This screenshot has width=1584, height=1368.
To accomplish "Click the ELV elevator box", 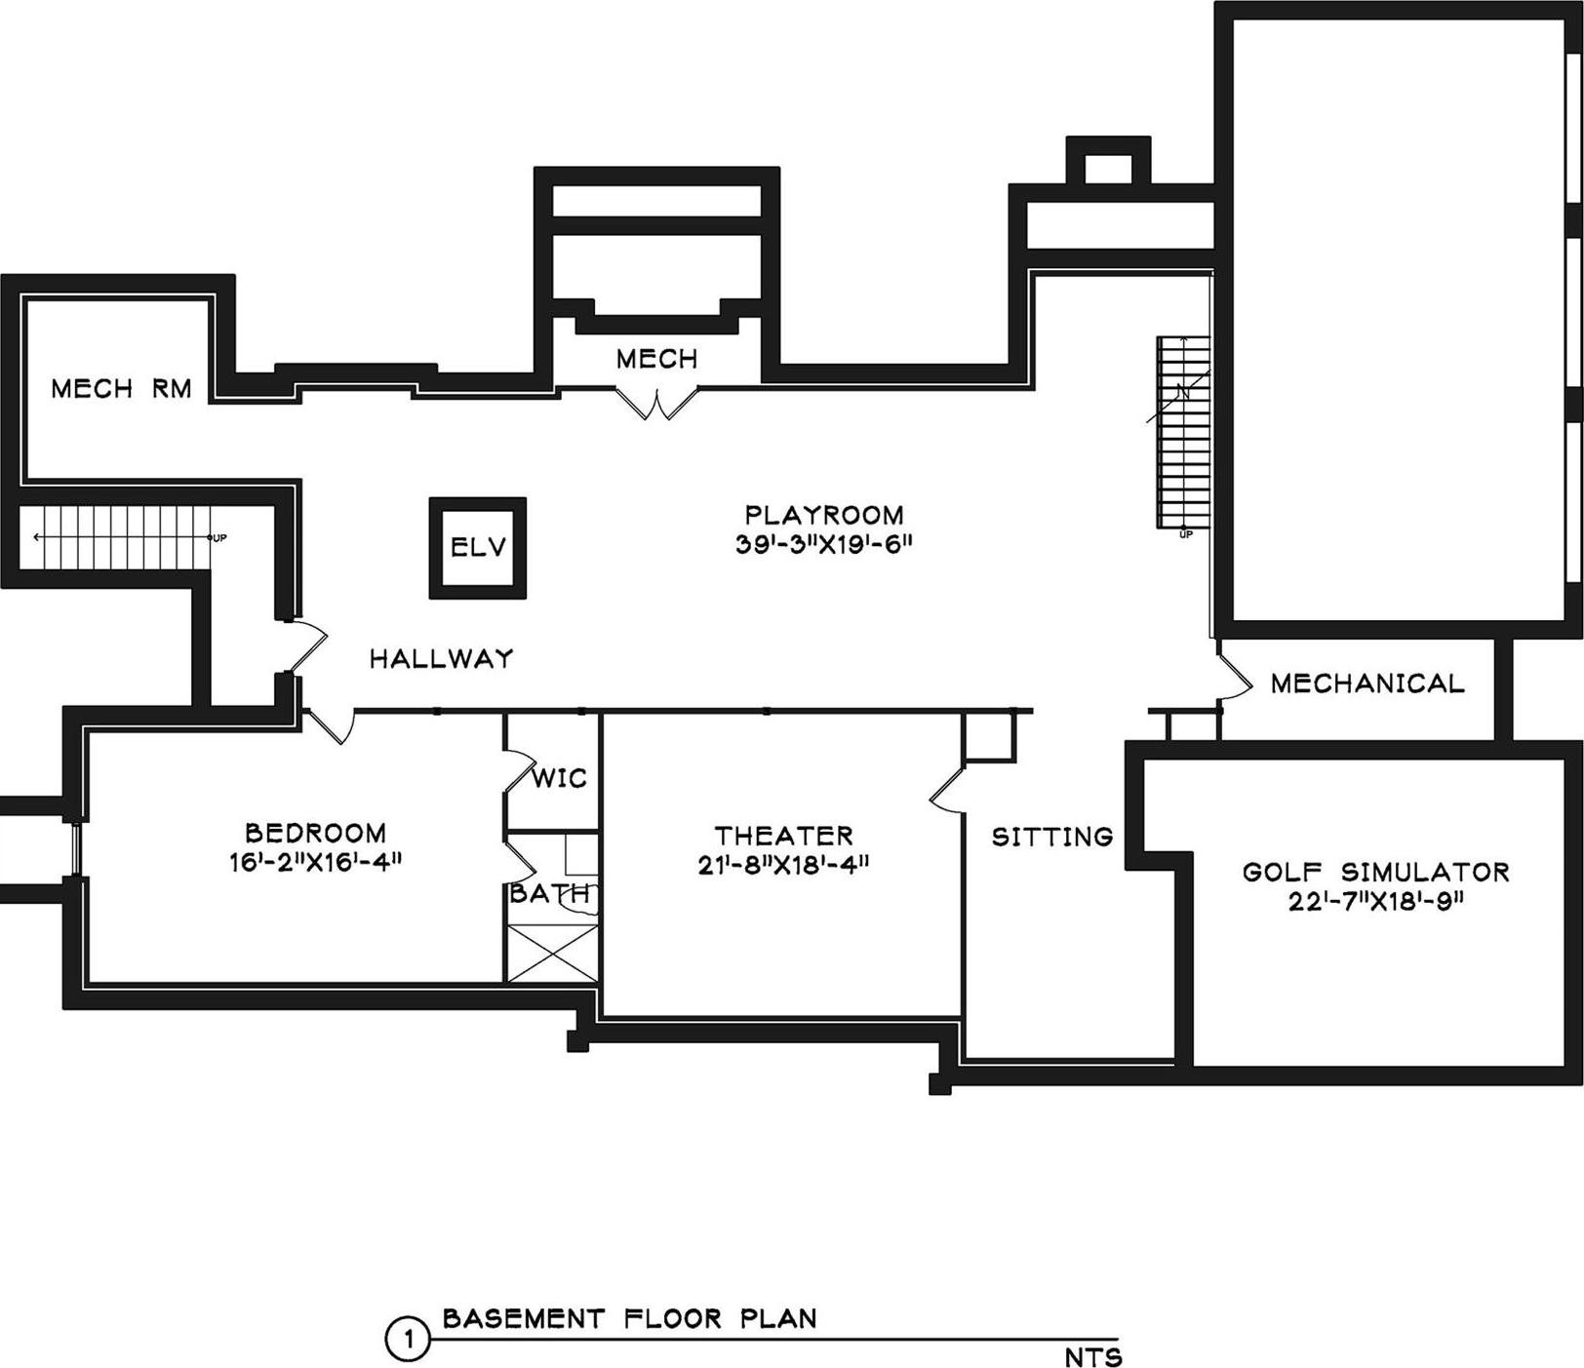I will (478, 547).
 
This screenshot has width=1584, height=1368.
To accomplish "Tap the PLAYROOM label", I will (823, 515).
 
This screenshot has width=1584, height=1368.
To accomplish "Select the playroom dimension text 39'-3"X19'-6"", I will (823, 544).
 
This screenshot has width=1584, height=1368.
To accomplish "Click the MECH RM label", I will (121, 389).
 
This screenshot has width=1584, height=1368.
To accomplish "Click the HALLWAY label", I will (441, 659).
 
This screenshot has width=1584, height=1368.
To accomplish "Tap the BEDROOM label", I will (315, 833).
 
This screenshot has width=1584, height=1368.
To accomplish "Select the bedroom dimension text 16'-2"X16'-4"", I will (315, 862).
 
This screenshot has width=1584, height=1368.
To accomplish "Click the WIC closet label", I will (560, 778).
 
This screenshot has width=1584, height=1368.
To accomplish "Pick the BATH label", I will (549, 893).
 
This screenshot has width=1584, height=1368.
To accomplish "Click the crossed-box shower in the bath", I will (553, 953).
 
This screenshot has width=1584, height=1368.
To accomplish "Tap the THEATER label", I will (783, 836).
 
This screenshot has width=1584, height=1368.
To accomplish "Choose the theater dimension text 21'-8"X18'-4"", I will (783, 864).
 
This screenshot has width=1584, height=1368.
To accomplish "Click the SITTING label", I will (1052, 837).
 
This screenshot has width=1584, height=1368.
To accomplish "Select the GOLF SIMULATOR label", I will (1375, 872).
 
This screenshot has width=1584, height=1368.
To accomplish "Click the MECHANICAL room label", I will (1367, 684).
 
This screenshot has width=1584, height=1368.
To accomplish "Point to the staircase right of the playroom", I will (1183, 432).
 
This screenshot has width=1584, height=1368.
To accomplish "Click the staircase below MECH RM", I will (122, 537).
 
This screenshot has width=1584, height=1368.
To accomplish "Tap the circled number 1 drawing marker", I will (408, 1340).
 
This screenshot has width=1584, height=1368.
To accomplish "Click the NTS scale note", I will (1092, 1356).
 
